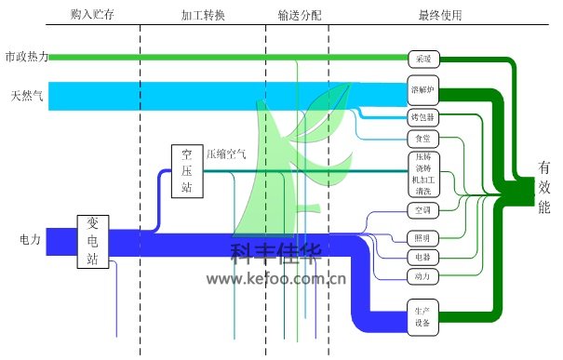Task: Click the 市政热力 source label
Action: pos(24,58)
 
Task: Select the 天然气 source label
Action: pos(27,96)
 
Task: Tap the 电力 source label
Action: pos(30,240)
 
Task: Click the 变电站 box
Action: pos(92,240)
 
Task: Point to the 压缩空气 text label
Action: pos(226,154)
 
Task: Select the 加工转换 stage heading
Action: pos(202,16)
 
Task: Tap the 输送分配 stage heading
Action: pos(299,16)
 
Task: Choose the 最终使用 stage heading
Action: pos(439,16)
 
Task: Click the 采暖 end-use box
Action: pos(423,59)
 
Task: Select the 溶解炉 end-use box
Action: pos(423,90)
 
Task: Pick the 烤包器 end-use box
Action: pos(423,118)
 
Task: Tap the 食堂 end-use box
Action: pos(423,138)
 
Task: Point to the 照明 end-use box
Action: pos(423,237)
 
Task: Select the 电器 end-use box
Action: pos(423,257)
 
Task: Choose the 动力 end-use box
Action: pos(423,276)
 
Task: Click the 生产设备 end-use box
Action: pos(423,316)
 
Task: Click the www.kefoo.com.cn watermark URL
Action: pos(276,277)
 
